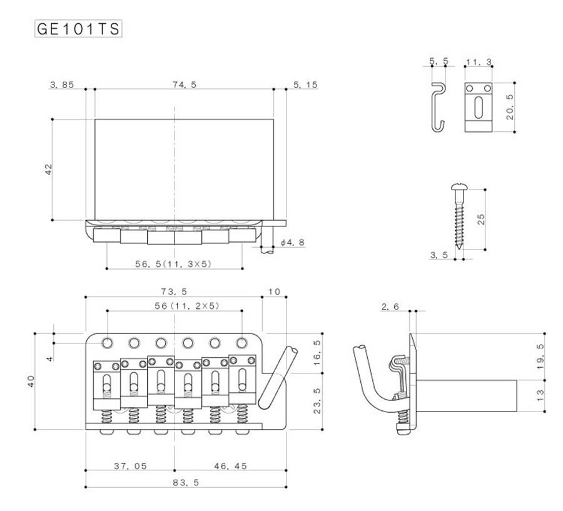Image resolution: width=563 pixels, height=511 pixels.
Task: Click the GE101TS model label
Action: pos(78,29)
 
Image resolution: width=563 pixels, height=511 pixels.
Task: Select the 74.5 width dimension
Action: pos(185,84)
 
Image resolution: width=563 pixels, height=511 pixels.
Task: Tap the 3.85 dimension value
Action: pos(62,84)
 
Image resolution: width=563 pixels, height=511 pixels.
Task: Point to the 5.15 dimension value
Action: pos(305,84)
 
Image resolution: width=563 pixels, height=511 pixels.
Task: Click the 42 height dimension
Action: pos(48,169)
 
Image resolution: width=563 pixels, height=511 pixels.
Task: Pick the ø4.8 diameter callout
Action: pos(293,243)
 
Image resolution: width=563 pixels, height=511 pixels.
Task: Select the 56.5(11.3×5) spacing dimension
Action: pos(173,264)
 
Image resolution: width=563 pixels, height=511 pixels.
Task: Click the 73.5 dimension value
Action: pos(174,291)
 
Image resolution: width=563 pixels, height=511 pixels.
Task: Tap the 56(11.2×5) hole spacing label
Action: pos(187,306)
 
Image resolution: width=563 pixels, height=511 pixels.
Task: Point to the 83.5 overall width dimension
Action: pos(186,483)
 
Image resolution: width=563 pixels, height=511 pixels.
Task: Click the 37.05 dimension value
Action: pos(130,466)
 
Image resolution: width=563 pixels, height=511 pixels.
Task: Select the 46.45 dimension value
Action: pos(230,466)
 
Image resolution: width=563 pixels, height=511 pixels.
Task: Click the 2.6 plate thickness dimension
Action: pos(390,306)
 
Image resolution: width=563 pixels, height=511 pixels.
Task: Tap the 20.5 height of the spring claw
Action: pos(510,107)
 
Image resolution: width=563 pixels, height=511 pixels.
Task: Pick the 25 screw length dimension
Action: pos(481,219)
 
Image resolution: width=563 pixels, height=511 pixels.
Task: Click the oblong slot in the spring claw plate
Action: pos(479,108)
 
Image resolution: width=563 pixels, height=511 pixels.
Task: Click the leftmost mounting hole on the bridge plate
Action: pos(107,343)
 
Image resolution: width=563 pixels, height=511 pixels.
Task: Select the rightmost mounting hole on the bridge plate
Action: pos(242,343)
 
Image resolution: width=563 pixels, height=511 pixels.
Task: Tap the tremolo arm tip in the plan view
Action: pos(292,350)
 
